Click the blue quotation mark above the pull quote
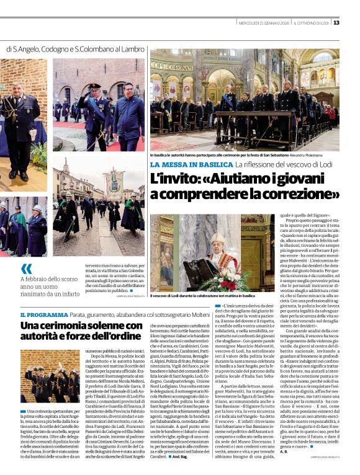26,268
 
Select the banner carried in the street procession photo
114,182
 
